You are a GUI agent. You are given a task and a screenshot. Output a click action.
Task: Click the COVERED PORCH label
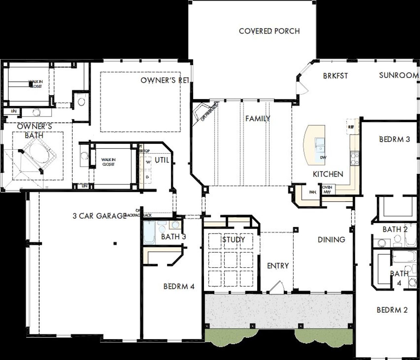[x=269, y=31]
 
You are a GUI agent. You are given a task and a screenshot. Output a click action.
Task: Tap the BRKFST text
[x=335, y=76]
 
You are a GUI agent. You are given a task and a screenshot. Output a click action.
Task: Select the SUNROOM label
[x=399, y=75]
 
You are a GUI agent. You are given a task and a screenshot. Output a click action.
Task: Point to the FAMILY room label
[x=258, y=118]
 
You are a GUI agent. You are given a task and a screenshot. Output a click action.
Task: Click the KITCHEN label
[x=328, y=174]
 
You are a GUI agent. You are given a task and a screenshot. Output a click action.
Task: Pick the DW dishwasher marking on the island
[x=323, y=158]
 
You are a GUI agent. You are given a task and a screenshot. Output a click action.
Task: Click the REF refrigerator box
[x=351, y=127]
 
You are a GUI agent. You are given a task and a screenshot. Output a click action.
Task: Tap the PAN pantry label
[x=312, y=192]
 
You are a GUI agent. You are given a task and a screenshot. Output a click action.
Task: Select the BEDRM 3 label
[x=394, y=139]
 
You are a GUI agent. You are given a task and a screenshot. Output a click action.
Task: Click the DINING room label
[x=331, y=240]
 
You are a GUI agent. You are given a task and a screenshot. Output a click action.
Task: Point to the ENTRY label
[x=278, y=266]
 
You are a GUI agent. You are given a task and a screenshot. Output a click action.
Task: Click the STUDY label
[x=233, y=240]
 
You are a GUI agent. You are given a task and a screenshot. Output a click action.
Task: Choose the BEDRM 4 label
[x=179, y=287]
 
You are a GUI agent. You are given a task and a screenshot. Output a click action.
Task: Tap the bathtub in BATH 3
[x=149, y=232]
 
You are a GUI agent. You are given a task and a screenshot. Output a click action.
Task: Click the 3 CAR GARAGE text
[x=99, y=216]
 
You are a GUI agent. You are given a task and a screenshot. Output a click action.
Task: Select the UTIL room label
[x=162, y=160]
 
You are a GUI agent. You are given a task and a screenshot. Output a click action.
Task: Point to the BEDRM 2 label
[x=392, y=310]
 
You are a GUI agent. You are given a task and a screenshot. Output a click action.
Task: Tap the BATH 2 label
[x=395, y=230]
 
